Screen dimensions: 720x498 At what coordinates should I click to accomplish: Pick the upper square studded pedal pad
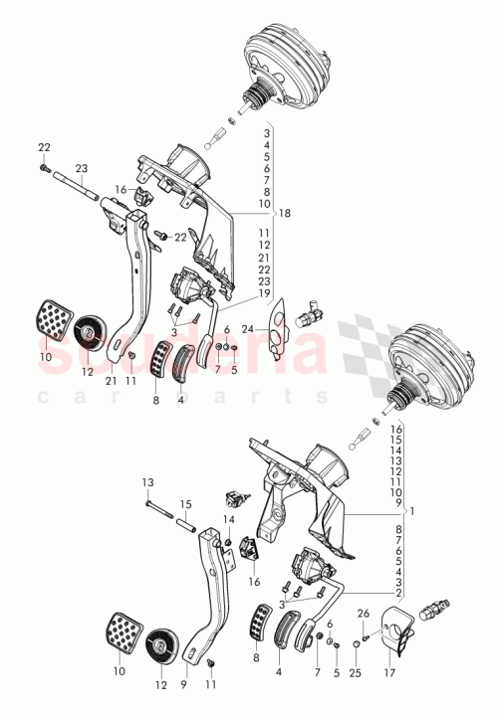(55, 316)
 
